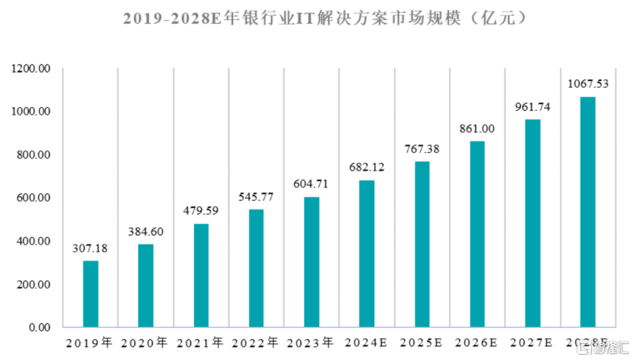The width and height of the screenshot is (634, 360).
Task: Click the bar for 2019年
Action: pyautogui.click(x=90, y=294)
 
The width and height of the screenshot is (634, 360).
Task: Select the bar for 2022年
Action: pyautogui.click(x=256, y=268)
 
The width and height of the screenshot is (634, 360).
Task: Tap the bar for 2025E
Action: pyautogui.click(x=422, y=245)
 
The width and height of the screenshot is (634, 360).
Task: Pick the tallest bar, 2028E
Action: pyautogui.click(x=587, y=212)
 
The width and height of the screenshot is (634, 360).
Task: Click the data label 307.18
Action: pyautogui.click(x=90, y=249)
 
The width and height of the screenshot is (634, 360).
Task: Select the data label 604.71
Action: pyautogui.click(x=311, y=185)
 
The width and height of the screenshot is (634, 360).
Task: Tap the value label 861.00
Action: pyautogui.click(x=477, y=129)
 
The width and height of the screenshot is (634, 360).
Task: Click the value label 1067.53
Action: pyautogui.click(x=587, y=84)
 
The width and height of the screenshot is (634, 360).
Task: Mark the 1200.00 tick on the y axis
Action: pyautogui.click(x=31, y=69)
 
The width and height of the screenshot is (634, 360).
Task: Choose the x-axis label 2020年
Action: pyautogui.click(x=146, y=342)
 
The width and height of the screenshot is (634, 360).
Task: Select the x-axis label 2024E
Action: pyautogui.click(x=367, y=342)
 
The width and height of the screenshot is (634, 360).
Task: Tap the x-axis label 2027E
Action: pyautogui.click(x=532, y=342)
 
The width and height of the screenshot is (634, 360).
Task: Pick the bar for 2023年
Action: pyautogui.click(x=311, y=262)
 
